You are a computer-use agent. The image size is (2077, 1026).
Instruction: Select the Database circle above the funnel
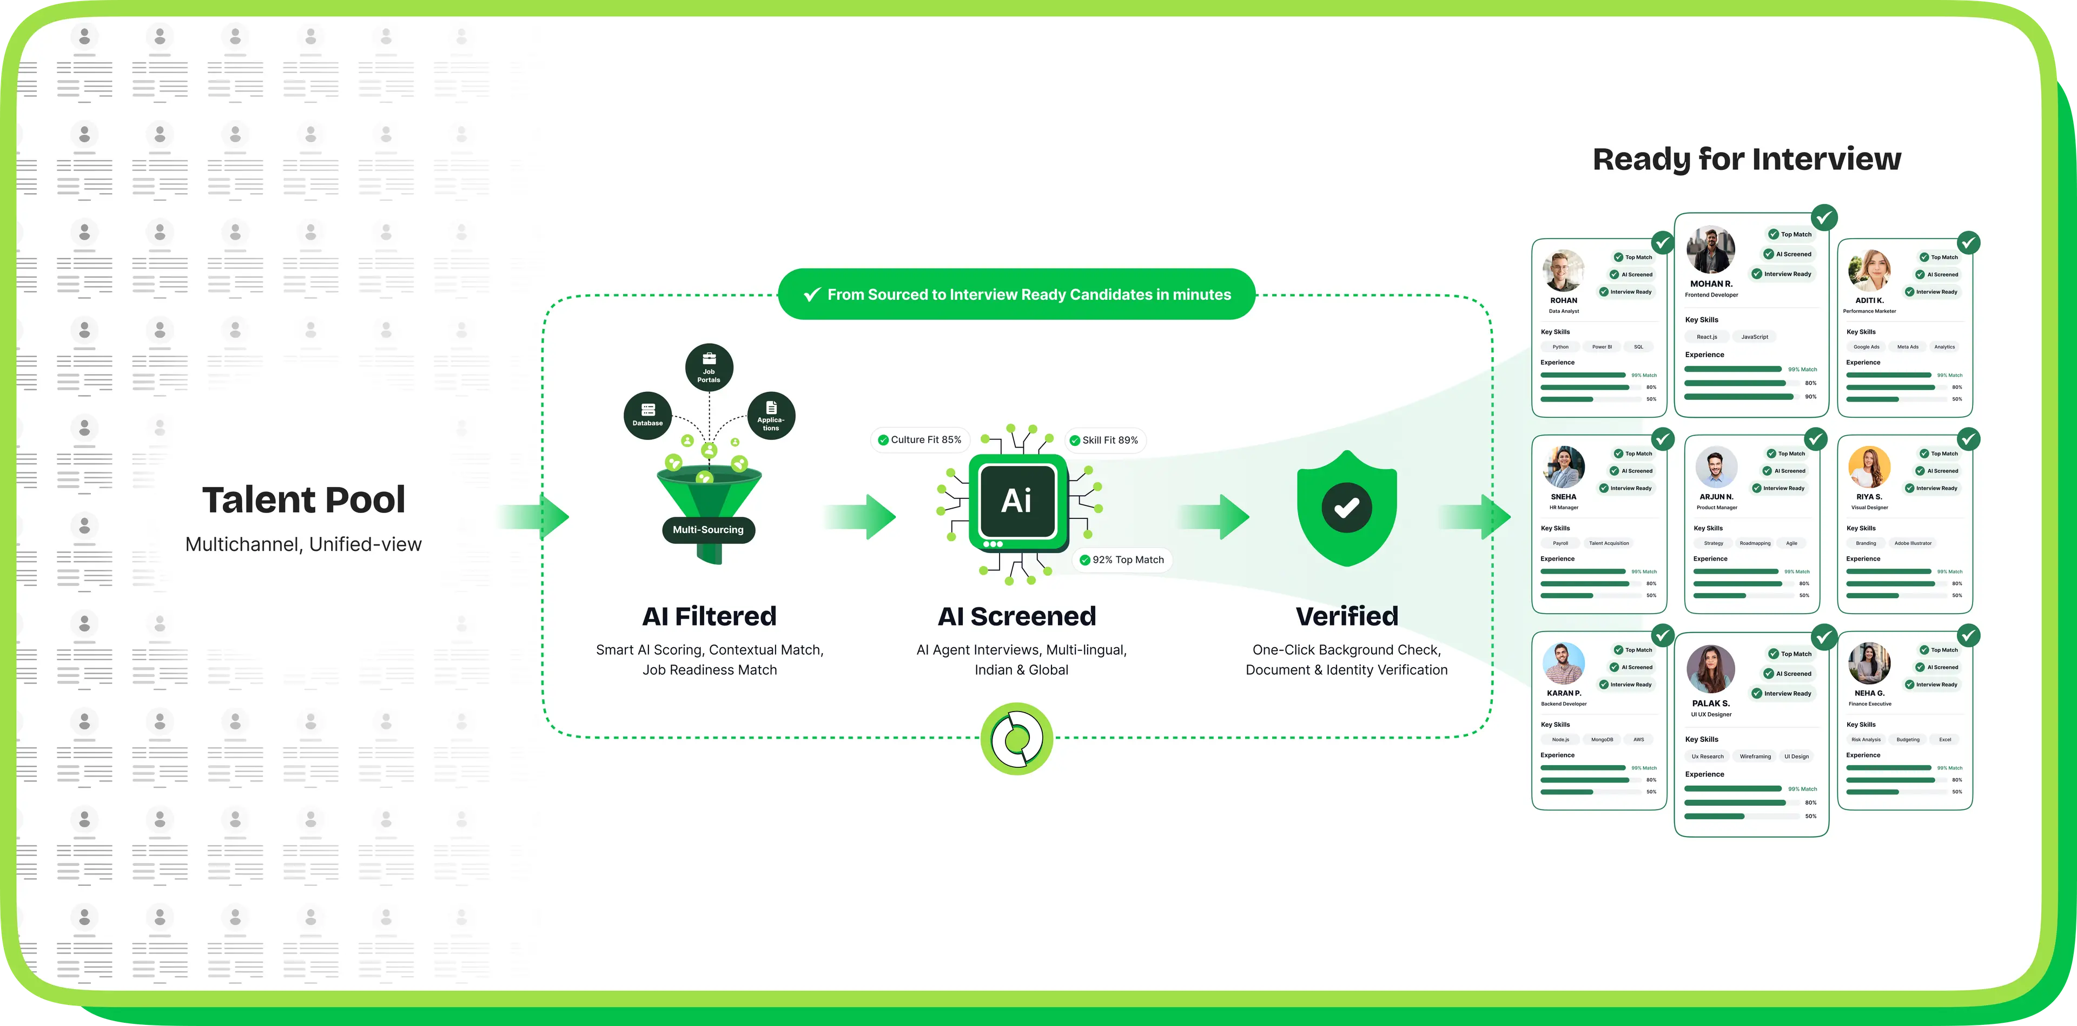pos(647,416)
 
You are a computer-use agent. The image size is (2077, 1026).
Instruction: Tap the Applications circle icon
pos(771,416)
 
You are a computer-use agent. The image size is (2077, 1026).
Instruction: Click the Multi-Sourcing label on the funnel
pos(708,530)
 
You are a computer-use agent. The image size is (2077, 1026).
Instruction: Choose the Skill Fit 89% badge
pos(1104,440)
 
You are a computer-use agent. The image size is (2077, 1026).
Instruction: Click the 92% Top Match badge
pos(1122,560)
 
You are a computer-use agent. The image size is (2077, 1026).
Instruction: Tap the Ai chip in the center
pos(1017,502)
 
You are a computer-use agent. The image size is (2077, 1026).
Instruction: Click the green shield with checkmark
pos(1346,508)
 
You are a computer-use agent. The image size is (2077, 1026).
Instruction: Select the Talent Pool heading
pos(303,500)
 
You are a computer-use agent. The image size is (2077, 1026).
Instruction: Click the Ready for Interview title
pos(1747,159)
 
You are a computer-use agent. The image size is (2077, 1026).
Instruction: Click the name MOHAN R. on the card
pos(1711,284)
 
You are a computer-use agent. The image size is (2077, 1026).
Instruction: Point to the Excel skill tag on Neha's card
pos(1945,740)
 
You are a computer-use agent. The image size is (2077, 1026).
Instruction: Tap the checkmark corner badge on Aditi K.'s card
pos(1968,243)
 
